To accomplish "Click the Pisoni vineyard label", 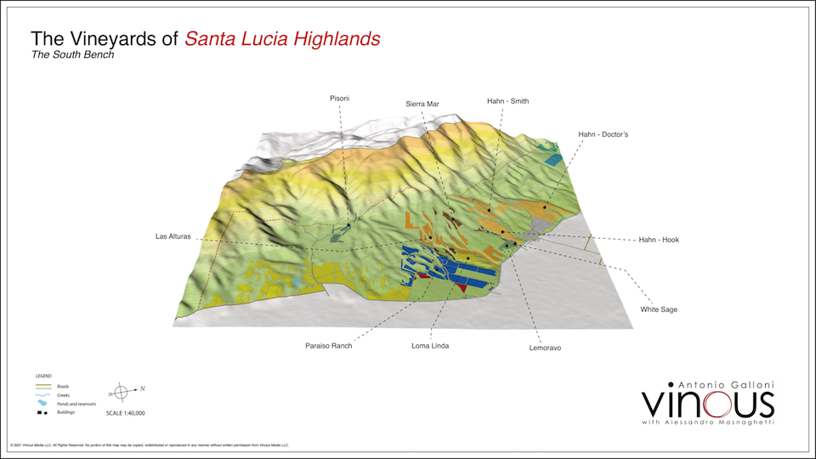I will pos(339,99).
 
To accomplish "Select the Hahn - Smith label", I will pos(507,101).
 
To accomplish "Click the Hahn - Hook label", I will pos(658,240).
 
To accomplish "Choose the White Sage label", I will pos(659,309).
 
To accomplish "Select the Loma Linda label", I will pos(430,346).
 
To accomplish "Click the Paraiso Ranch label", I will pos(329,346).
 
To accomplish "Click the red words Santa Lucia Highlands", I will pos(282,39).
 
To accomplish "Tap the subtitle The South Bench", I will pos(72,55).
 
